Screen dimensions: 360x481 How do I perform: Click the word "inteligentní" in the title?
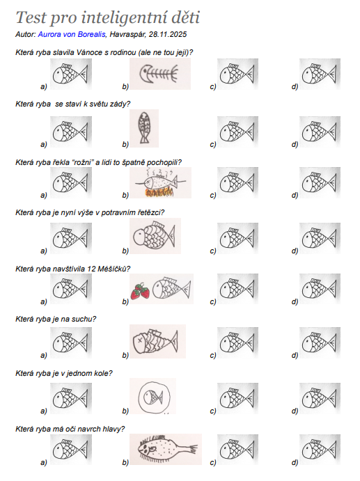tap(124, 18)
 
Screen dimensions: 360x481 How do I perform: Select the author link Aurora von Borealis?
tap(72, 34)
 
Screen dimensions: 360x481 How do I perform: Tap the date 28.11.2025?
tap(168, 34)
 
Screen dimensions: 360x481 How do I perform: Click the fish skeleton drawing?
tap(159, 74)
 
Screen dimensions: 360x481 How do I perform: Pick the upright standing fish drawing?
tap(144, 127)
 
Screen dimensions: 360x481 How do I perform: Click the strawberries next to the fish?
tap(140, 292)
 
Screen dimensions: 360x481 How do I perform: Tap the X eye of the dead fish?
tap(140, 340)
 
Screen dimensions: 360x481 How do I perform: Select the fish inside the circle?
tap(153, 397)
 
